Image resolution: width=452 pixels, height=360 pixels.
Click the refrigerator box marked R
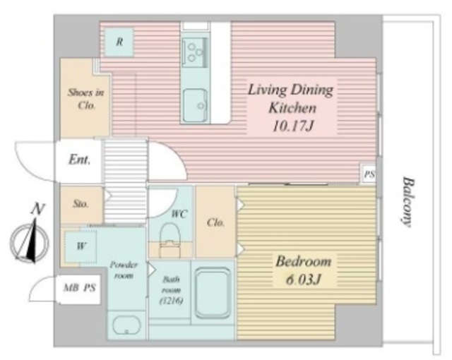(x=119, y=42)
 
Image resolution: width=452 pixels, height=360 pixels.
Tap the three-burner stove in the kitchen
(x=195, y=53)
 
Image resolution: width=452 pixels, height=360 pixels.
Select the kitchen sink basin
(x=196, y=105)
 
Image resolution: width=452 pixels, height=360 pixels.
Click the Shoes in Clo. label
(x=85, y=99)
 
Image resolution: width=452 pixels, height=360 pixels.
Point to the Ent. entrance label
(x=79, y=160)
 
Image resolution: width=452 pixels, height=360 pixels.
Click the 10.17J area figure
(x=292, y=126)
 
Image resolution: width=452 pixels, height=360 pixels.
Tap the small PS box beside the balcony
(x=369, y=174)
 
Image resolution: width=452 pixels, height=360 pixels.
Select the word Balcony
(x=408, y=202)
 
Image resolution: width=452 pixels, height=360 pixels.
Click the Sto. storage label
(x=81, y=204)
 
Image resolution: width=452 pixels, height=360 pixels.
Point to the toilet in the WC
(x=170, y=241)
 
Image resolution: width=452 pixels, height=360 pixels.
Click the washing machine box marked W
(x=81, y=246)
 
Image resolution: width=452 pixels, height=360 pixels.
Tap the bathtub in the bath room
(x=213, y=293)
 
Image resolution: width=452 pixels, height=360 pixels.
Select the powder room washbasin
(x=126, y=325)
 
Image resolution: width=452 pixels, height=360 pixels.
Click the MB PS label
(x=80, y=288)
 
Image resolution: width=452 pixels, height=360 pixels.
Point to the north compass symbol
(x=29, y=241)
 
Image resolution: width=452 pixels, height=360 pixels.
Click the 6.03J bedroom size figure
(x=303, y=280)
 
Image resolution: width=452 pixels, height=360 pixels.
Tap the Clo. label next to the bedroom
(x=215, y=222)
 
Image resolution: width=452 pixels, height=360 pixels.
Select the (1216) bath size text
(x=171, y=301)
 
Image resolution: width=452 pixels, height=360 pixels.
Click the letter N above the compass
(x=37, y=209)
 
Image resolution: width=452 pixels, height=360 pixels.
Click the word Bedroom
(x=304, y=261)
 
